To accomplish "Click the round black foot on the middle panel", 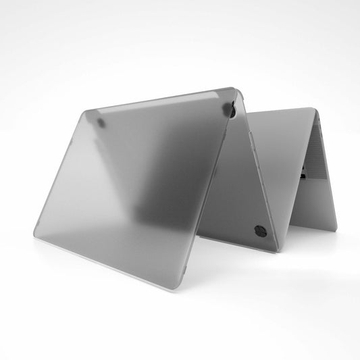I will (x=260, y=230).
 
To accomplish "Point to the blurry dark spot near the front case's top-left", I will (x=101, y=124).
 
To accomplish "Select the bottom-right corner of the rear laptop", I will (x=335, y=229).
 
